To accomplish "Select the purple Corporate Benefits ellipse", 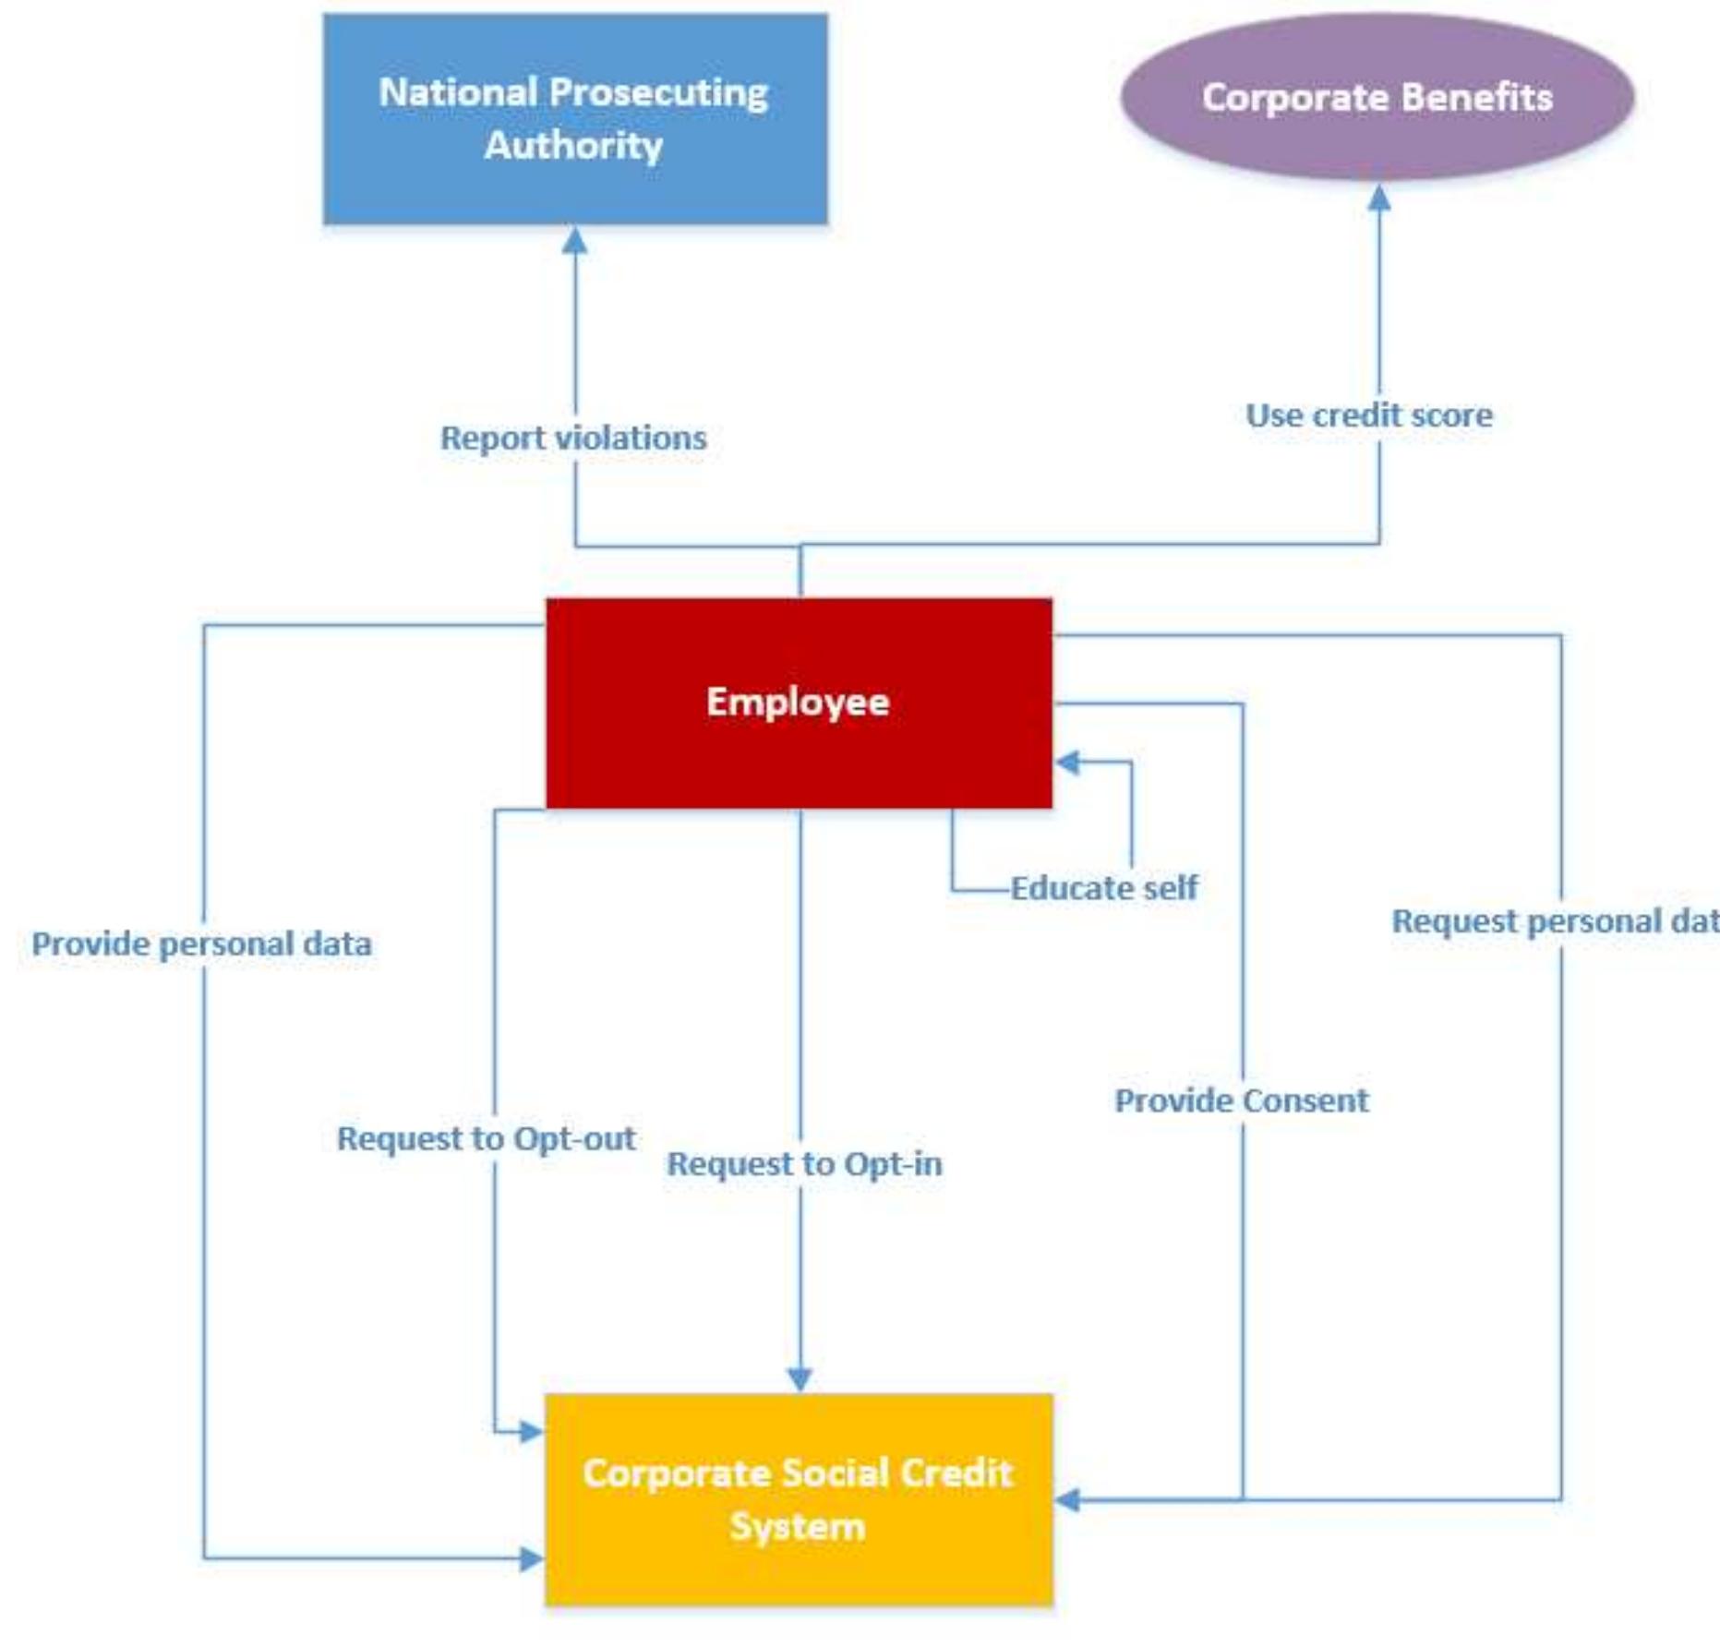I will coord(1376,96).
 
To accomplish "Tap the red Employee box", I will coord(799,703).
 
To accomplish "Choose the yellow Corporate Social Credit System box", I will coord(799,1499).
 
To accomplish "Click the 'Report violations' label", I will coord(573,439).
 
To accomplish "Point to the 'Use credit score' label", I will coord(1368,415).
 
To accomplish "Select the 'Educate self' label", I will coord(1103,888).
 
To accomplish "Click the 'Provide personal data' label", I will coord(201,944).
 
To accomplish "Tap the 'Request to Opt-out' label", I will coord(486,1139).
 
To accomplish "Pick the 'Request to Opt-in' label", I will coord(804,1164).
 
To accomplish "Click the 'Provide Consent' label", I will coord(1241,1100).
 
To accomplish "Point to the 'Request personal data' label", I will coord(1555,921).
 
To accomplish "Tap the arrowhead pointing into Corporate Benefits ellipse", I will coord(1378,197).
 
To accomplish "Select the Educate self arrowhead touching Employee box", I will coord(1068,763).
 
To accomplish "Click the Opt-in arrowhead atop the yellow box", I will coord(800,1379).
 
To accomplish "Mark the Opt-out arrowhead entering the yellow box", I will coord(530,1432).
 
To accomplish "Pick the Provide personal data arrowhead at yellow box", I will coord(530,1559).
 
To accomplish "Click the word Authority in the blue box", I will coord(573,146).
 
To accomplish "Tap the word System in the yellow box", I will coord(798,1526).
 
